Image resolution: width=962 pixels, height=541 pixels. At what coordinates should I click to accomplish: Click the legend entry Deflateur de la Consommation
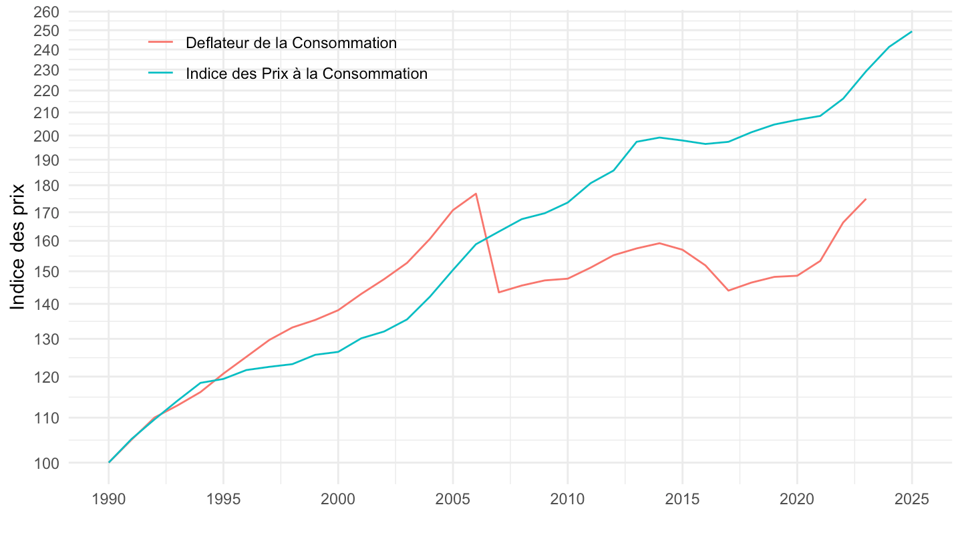pos(291,43)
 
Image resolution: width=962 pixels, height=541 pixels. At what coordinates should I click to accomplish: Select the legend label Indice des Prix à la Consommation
pos(307,73)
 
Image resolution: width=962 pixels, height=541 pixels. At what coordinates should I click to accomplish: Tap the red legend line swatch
pos(161,43)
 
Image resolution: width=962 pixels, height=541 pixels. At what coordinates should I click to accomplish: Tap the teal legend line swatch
pos(161,73)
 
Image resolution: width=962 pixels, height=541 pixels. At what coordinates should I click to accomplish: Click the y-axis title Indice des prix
pos(18,246)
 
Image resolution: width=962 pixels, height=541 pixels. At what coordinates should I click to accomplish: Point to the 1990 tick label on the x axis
pos(108,501)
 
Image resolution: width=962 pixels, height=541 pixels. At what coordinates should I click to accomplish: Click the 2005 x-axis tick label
pos(453,501)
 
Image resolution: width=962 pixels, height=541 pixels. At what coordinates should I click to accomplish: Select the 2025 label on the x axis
pos(912,501)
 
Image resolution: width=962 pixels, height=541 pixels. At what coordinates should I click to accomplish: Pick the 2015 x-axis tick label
pos(682,501)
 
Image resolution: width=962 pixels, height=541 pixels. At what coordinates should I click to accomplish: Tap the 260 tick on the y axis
pos(46,12)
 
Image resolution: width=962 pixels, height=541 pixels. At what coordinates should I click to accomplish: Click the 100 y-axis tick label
pos(46,462)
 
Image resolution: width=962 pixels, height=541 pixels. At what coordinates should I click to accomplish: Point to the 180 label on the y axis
pos(46,185)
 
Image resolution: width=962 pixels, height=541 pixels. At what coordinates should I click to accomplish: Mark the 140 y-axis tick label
pos(46,304)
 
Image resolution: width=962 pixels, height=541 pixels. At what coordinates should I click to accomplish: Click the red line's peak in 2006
pos(476,194)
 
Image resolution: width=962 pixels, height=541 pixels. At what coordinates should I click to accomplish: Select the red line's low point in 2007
pos(499,293)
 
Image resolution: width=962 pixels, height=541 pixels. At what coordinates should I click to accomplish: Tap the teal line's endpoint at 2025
pos(912,31)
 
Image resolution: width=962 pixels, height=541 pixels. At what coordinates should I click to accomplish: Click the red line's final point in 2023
pos(866,198)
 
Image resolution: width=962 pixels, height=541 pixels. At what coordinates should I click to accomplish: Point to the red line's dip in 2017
pos(728,291)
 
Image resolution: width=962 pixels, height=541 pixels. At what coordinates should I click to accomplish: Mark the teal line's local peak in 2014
pos(659,138)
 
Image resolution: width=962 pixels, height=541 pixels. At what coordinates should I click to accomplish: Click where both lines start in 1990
pos(109,462)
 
